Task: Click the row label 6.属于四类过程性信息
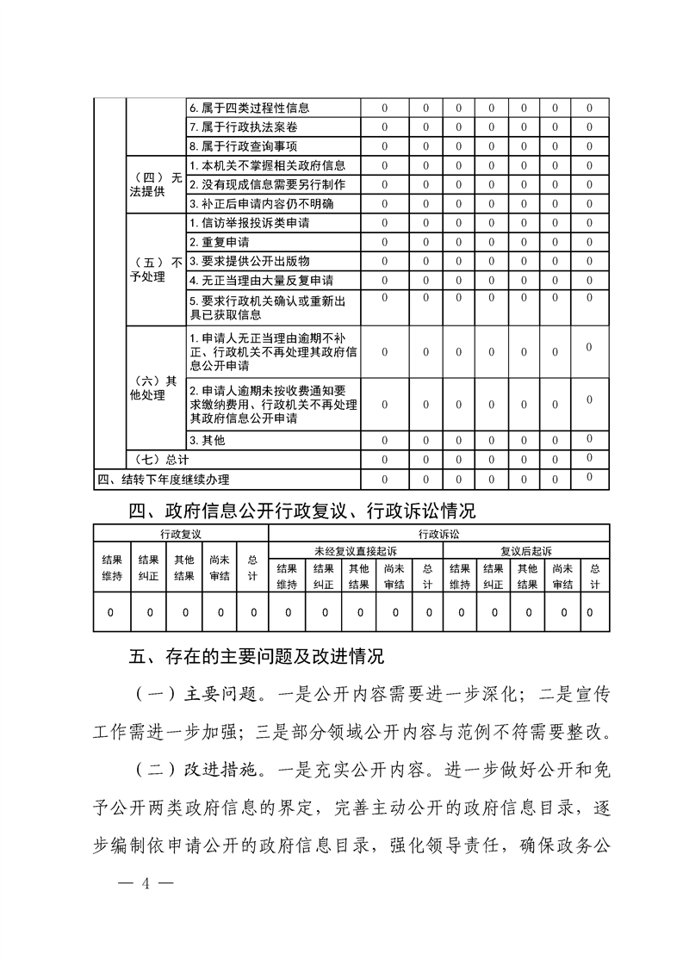pos(249,108)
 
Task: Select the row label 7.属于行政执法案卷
pos(244,127)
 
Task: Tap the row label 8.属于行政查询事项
pos(244,146)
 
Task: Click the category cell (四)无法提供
pos(155,184)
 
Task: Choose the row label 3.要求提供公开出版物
pos(249,261)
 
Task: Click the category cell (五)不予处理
pos(155,270)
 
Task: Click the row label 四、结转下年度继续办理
pos(163,479)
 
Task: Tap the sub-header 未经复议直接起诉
pos(355,550)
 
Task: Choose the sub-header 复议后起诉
pos(525,550)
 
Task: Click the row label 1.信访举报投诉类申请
pos(249,223)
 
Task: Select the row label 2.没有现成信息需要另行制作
pos(267,184)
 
